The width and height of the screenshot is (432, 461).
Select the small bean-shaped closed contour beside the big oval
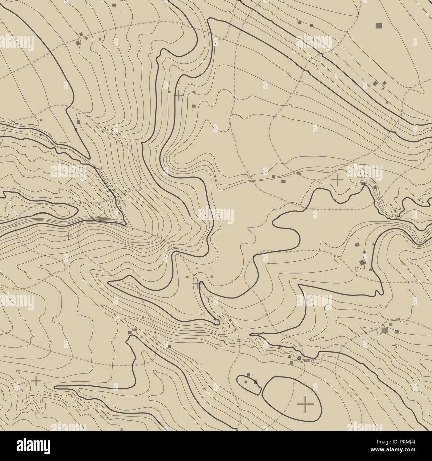pos(249,384)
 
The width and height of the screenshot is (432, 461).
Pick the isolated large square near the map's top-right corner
pos(378,25)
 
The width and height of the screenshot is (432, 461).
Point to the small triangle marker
pos(383,89)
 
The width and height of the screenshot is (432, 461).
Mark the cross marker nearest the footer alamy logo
pos(36,381)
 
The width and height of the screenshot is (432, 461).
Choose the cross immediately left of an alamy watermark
pos(337,180)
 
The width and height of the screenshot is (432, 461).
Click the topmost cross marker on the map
pos(179,95)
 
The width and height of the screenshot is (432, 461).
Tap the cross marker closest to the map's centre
pos(196,284)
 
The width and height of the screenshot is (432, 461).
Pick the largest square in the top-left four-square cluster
pos(79,42)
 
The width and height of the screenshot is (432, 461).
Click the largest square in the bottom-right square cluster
pos(385,330)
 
